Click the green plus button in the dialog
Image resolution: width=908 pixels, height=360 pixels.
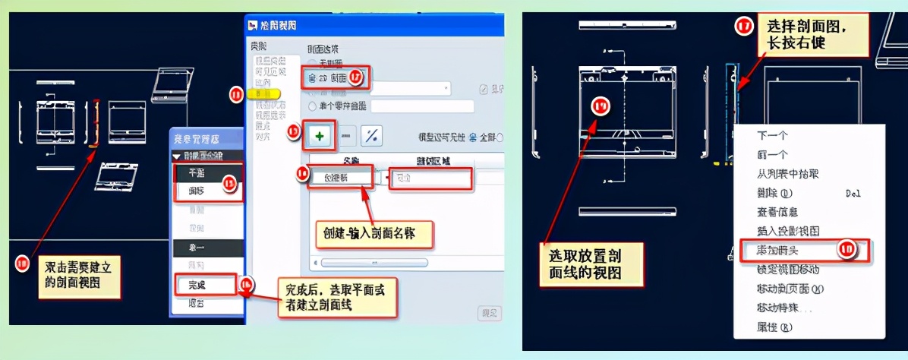coord(319,136)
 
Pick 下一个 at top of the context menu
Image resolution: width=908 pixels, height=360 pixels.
coord(773,135)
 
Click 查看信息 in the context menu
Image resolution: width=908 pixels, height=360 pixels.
coord(777,212)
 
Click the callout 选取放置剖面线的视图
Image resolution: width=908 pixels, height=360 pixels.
coord(591,264)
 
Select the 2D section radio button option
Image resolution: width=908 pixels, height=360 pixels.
coord(311,77)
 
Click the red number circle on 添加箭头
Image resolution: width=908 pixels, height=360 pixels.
coord(847,250)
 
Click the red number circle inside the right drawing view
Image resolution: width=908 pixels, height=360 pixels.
coord(601,106)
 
